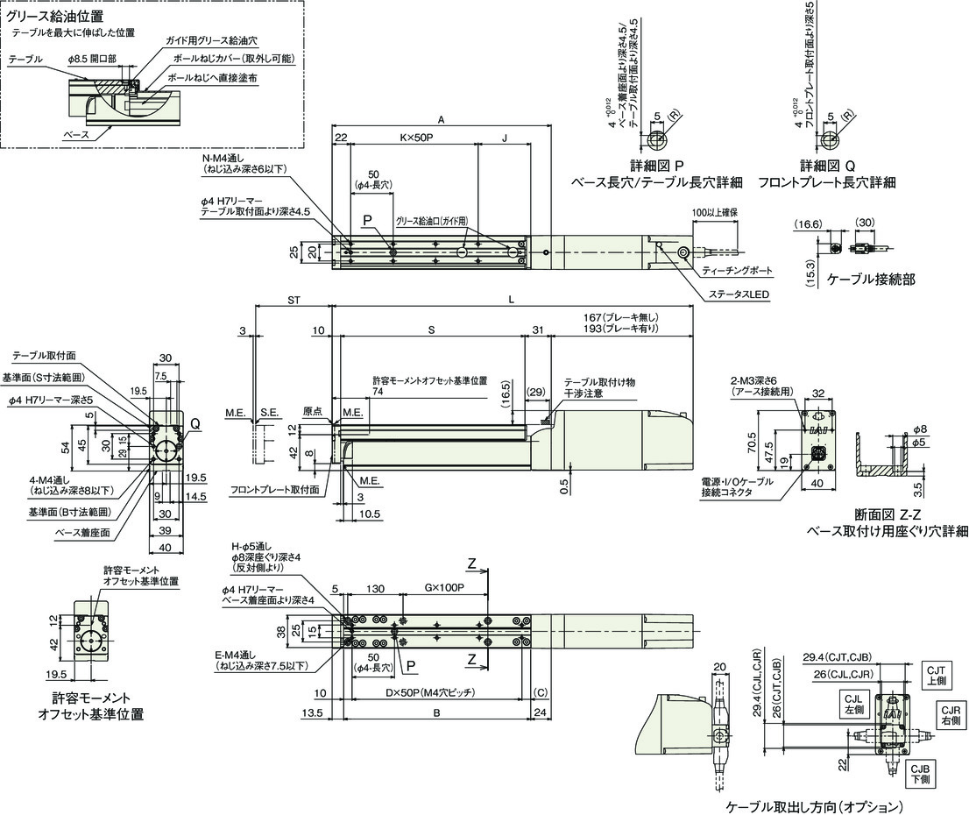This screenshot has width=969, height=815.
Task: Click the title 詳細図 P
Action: tap(656, 166)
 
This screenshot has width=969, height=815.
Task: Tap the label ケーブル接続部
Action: tap(871, 280)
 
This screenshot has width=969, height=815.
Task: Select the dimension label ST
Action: tap(294, 300)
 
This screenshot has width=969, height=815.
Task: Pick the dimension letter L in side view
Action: tap(511, 300)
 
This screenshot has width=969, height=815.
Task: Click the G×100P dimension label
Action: tap(444, 587)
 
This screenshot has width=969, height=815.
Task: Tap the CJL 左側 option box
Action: tap(852, 704)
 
